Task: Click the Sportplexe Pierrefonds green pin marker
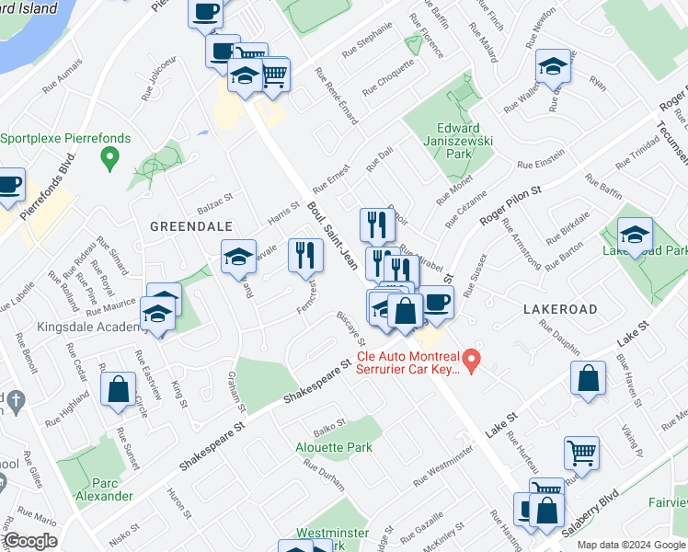(110, 159)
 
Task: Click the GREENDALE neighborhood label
(190, 225)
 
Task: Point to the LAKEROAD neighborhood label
(560, 309)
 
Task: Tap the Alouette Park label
(333, 447)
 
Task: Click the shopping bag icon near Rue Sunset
(119, 388)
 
